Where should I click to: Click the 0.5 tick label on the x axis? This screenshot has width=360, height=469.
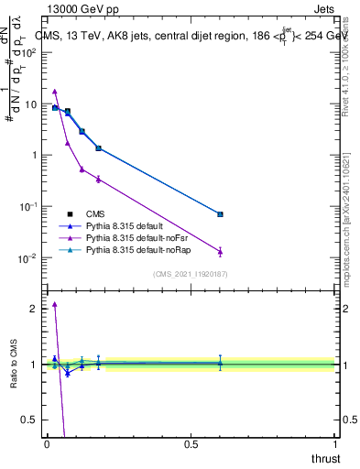point(191,444)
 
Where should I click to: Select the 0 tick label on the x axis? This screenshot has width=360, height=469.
point(47,444)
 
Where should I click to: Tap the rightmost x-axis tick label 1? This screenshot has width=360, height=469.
point(335,444)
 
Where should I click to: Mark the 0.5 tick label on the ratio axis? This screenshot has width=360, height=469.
point(28,420)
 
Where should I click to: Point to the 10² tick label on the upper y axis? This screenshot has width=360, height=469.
point(27,52)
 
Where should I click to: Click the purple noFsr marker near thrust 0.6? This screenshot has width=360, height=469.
point(220,251)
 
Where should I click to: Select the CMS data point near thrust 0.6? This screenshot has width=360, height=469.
point(220,214)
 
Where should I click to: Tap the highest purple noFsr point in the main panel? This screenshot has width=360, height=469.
point(55,92)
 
